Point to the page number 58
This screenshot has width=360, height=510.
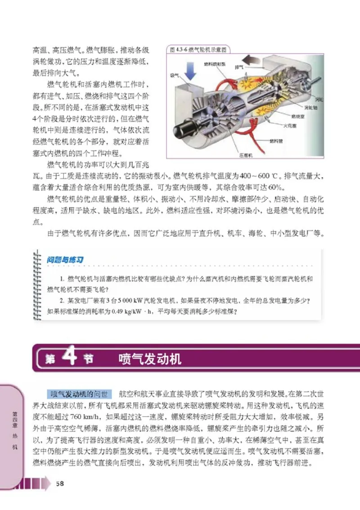click(x=60, y=483)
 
